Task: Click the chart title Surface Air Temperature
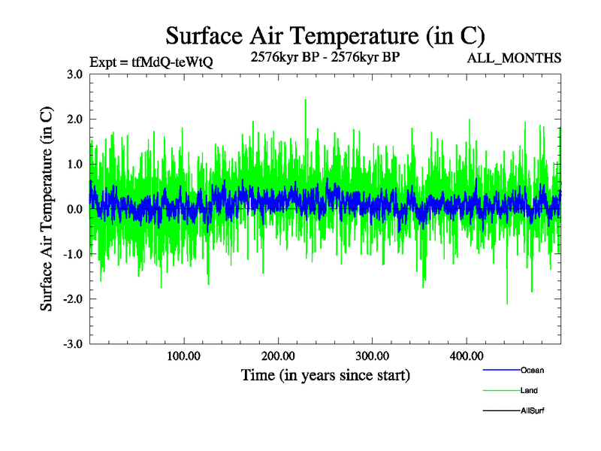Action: [325, 35]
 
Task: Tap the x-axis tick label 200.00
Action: [278, 356]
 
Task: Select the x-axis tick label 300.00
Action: [372, 356]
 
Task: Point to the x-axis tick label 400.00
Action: [466, 356]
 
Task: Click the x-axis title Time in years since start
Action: [325, 374]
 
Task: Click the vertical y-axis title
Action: [47, 209]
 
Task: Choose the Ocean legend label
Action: [532, 371]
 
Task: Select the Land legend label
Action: [529, 391]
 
